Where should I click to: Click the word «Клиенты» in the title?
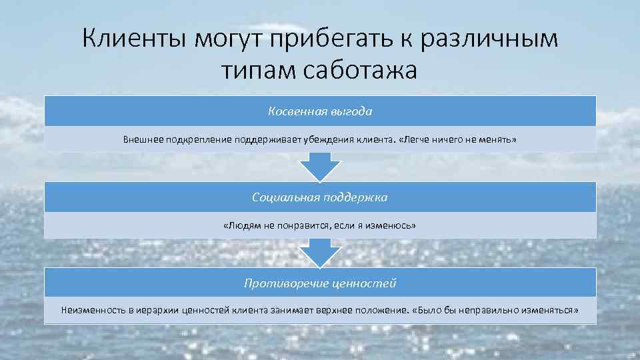[x=134, y=39]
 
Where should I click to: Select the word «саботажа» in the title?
[x=359, y=69]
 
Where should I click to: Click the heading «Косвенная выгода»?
[x=320, y=111]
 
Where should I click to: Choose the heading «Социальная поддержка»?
[x=320, y=197]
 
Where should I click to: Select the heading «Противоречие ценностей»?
[x=320, y=283]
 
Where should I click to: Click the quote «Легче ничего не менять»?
[x=459, y=140]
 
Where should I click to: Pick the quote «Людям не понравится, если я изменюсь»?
[x=320, y=226]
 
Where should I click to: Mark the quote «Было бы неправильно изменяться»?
[x=495, y=310]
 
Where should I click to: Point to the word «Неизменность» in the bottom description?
[x=91, y=310]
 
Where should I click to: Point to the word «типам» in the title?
[x=257, y=69]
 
